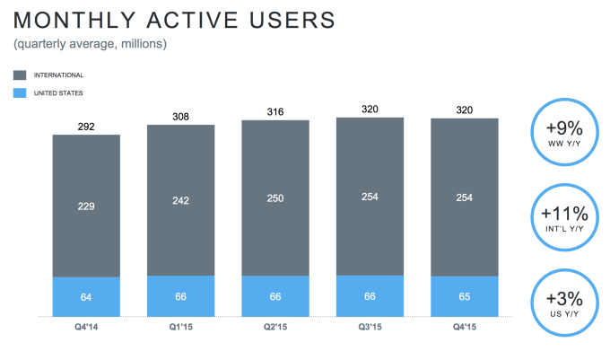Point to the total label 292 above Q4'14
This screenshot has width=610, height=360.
pyautogui.click(x=86, y=127)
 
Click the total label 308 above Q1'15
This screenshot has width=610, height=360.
pyautogui.click(x=180, y=117)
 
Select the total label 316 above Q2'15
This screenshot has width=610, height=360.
pyautogui.click(x=274, y=112)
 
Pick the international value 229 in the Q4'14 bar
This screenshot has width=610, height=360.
pyautogui.click(x=86, y=206)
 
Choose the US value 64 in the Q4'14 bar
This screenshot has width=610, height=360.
pyautogui.click(x=86, y=296)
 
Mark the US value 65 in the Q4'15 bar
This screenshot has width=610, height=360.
pyautogui.click(x=464, y=296)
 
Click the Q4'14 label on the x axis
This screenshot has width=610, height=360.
pyautogui.click(x=86, y=329)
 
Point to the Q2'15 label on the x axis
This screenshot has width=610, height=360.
pyautogui.click(x=274, y=329)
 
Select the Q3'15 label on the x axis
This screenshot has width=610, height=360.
pyautogui.click(x=370, y=329)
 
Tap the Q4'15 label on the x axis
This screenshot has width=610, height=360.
pyautogui.click(x=464, y=329)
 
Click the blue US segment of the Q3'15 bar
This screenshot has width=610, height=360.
pyautogui.click(x=370, y=296)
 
